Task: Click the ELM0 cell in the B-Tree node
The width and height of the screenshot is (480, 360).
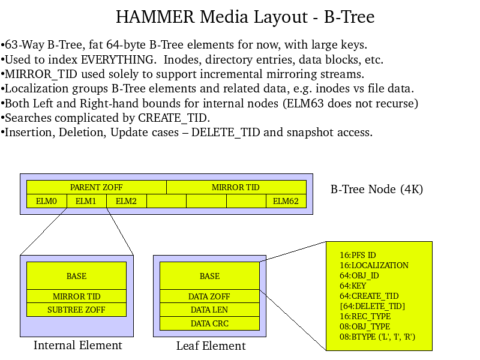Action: click(x=46, y=201)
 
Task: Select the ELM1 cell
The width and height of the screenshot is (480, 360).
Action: click(x=86, y=201)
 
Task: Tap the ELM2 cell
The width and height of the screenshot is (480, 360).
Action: click(x=126, y=201)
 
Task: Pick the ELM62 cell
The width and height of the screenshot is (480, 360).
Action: click(x=286, y=201)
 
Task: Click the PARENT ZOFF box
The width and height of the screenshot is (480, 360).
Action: click(x=96, y=187)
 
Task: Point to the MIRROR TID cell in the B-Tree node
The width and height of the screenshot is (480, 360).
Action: click(x=236, y=187)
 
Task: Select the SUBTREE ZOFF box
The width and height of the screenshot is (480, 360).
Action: click(x=76, y=310)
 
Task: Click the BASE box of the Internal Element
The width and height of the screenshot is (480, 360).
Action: click(x=76, y=276)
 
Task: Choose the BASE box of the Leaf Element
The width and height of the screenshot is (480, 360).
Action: click(x=209, y=276)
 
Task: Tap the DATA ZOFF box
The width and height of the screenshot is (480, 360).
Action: click(x=209, y=296)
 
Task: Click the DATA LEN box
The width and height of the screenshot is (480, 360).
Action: click(x=209, y=310)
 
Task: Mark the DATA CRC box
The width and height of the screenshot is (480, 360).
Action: click(x=209, y=323)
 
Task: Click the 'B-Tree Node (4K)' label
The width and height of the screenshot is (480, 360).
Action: click(x=377, y=190)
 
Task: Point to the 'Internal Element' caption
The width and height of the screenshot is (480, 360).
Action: click(x=77, y=345)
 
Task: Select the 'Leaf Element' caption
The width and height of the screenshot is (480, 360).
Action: click(x=211, y=346)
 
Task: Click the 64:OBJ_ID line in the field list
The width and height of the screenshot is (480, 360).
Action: click(x=359, y=276)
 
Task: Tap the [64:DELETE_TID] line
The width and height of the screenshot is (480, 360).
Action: click(x=372, y=306)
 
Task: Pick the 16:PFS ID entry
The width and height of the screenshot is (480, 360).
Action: click(x=358, y=255)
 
